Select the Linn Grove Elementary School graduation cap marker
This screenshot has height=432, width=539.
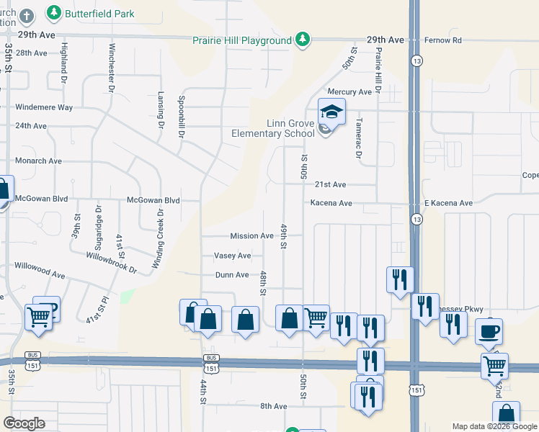[331, 112]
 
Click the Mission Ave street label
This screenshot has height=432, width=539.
[251, 236]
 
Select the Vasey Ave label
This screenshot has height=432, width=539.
[232, 256]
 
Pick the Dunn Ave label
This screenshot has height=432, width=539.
[231, 275]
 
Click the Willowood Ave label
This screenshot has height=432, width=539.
[40, 266]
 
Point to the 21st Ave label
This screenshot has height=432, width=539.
[330, 185]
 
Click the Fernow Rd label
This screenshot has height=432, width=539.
[447, 40]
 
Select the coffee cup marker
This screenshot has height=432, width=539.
[489, 332]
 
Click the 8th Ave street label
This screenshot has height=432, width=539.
[274, 407]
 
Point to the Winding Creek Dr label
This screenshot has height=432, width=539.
[157, 240]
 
